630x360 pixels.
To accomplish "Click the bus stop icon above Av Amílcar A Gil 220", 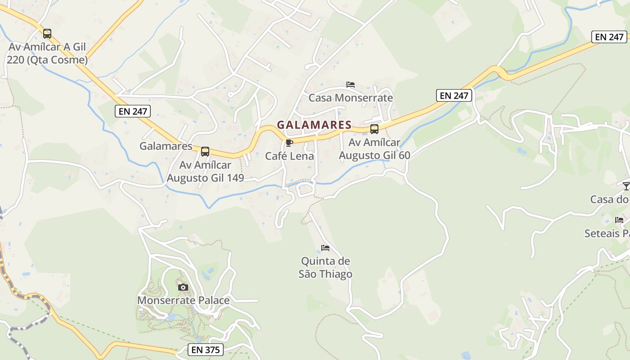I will pos(47,33).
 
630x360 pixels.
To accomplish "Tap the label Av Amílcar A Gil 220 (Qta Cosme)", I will pos(48,53).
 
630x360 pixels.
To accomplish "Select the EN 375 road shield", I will pos(205,349).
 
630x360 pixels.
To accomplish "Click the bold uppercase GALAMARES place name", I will pos(314,125).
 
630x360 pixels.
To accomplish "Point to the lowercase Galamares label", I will pos(166,146).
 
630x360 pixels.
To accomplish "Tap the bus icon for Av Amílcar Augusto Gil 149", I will pos(205,152).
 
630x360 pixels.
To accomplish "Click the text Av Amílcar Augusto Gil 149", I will pos(205,171).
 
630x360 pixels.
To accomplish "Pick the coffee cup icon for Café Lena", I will pos(289,143).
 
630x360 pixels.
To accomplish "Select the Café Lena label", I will pos(289,156).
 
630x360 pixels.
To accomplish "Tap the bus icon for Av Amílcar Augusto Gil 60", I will pos(374,129).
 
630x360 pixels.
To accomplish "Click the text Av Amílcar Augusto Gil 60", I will pos(374,149).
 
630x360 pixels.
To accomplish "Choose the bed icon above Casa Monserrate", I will pos(351,85).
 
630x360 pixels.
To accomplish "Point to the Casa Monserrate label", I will pos(351,98).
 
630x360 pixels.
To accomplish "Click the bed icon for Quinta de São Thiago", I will pos(325,248).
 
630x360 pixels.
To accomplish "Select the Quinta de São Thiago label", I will pos(325,267).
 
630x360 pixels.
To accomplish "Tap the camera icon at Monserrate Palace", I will pos(183,287).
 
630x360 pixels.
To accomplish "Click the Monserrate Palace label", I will pos(183,300).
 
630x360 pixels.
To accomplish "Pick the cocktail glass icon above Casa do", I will pos(626,186).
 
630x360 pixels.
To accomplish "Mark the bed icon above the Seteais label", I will pos(620,220).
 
